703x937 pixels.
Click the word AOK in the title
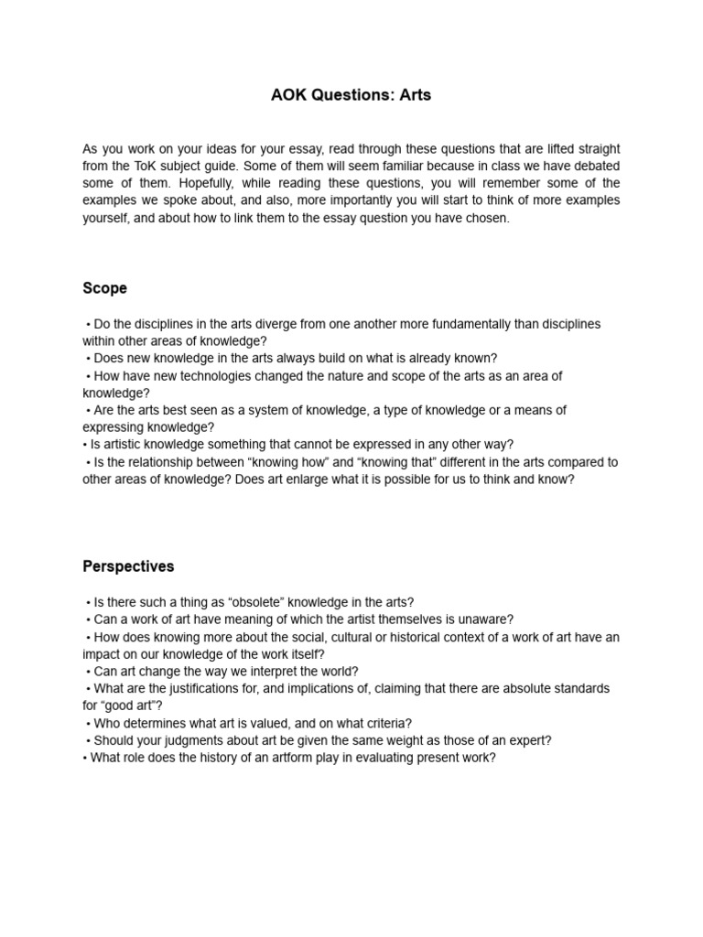(x=290, y=95)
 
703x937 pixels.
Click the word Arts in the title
(x=412, y=95)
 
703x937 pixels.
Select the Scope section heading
(x=104, y=288)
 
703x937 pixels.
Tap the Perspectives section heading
(x=128, y=566)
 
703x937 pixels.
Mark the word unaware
(x=485, y=619)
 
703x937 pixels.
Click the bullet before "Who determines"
(x=88, y=723)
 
